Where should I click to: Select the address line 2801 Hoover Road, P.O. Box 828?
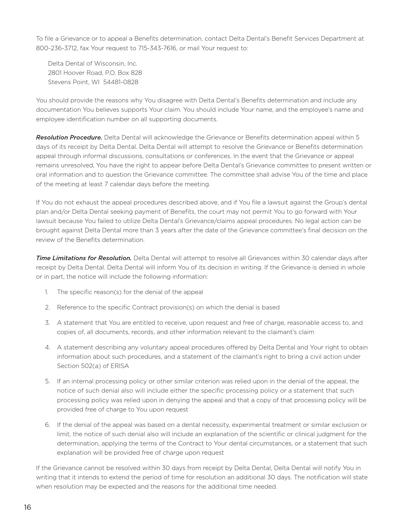pos(95,73)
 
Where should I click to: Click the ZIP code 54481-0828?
pos(121,82)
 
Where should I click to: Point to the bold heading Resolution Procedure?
pos(69,137)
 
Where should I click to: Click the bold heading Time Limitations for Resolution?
pos(84,258)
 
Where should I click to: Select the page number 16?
pos(28,507)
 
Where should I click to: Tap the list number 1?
pos(46,292)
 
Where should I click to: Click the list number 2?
pos(47,307)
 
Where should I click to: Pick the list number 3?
pos(47,323)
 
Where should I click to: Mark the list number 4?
pos(47,347)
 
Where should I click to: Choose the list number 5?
pos(47,381)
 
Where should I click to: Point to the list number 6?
pos(47,425)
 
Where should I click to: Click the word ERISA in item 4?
pos(119,366)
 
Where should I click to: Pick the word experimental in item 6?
pos(251,425)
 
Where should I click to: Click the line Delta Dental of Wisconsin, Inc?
pos(92,63)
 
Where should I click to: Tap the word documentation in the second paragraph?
pos(59,109)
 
